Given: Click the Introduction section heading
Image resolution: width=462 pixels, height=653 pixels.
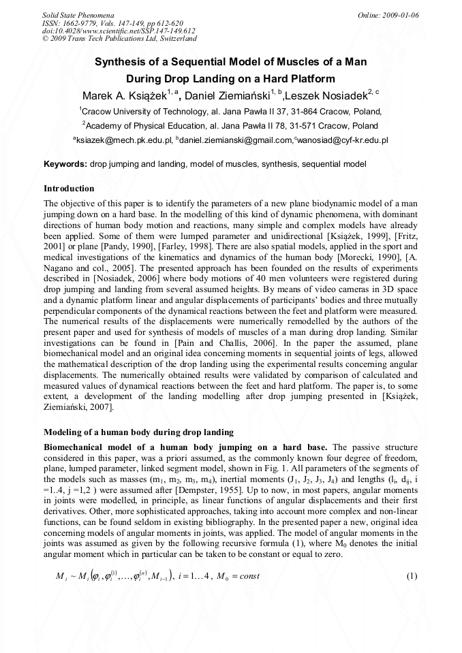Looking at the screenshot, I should (69, 189).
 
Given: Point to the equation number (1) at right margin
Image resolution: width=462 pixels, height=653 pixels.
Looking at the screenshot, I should (412, 576).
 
